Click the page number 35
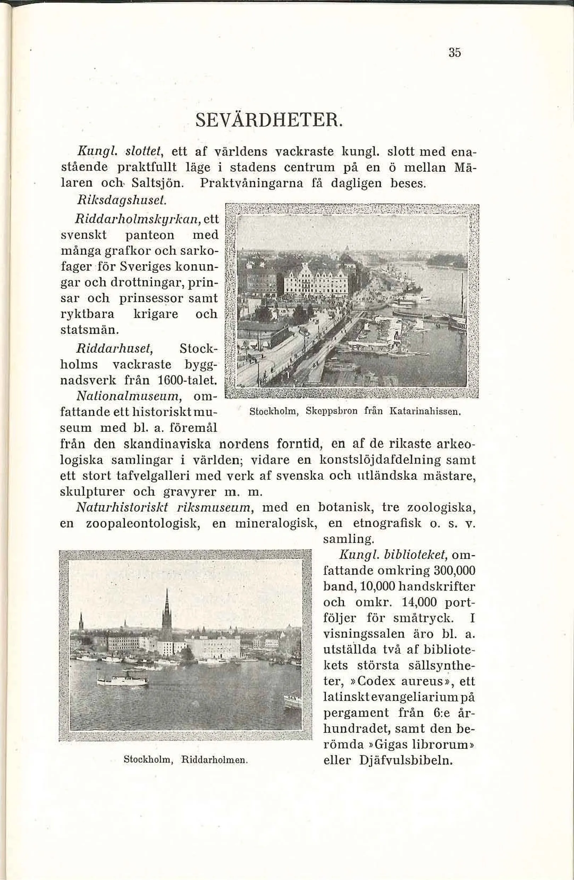pyautogui.click(x=455, y=53)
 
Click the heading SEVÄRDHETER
pyautogui.click(x=269, y=120)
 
